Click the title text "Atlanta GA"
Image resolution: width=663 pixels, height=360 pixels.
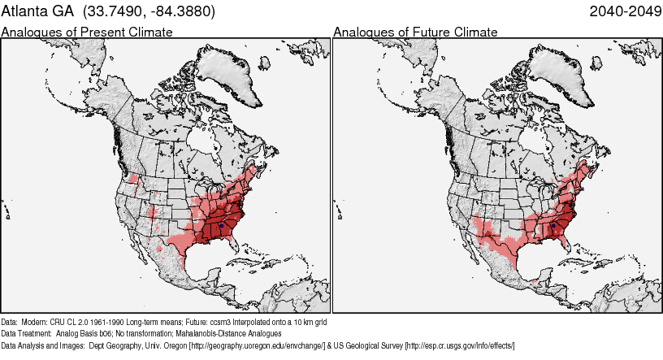[x=37, y=13]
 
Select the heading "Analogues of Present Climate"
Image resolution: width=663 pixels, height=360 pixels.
[x=87, y=33]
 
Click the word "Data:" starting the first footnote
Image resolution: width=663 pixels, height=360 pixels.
[x=10, y=322]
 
